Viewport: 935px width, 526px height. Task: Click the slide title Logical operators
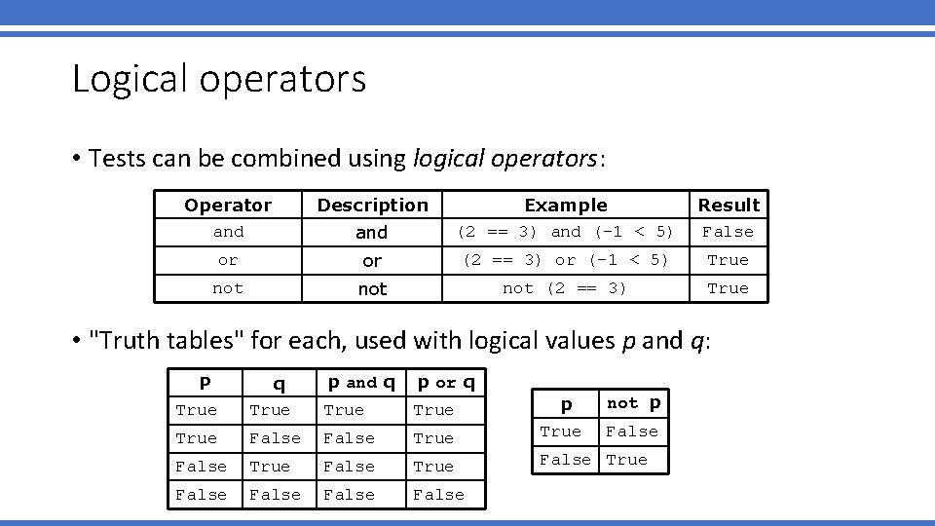tap(219, 79)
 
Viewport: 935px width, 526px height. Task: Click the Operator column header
tap(228, 205)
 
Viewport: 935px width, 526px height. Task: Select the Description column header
tap(372, 205)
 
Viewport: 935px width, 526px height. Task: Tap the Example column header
tap(566, 205)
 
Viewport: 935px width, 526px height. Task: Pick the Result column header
tap(729, 205)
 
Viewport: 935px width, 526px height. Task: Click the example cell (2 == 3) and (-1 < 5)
tap(566, 232)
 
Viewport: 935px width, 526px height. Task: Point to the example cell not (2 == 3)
tap(565, 288)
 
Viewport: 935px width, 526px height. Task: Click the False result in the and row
tap(729, 232)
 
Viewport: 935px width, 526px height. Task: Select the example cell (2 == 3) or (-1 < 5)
tap(566, 260)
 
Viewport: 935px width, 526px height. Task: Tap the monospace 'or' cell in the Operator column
tap(228, 260)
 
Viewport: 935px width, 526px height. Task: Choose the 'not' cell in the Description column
tap(372, 289)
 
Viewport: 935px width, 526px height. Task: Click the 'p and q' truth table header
tap(361, 383)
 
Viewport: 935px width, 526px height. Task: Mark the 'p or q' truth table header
tap(446, 383)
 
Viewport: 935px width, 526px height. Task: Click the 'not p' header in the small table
tap(634, 403)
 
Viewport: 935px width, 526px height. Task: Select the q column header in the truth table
tap(279, 384)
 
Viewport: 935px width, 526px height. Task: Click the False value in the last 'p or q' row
tap(439, 495)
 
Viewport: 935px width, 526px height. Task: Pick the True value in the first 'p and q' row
tap(344, 410)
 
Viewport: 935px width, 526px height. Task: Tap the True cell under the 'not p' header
tap(626, 460)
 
